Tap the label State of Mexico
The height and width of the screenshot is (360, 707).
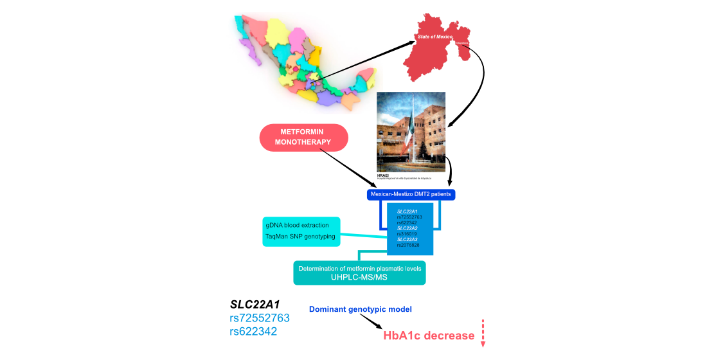[x=436, y=37]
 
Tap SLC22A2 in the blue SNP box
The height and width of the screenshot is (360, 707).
[x=407, y=228]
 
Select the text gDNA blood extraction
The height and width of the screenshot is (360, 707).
[x=297, y=225]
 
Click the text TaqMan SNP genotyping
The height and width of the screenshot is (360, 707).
[x=300, y=237]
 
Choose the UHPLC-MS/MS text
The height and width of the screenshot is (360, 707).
[x=359, y=277]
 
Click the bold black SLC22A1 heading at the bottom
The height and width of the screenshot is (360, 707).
[x=255, y=304]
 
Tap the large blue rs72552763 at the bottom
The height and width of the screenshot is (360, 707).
[x=260, y=318]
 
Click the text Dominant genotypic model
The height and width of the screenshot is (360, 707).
[x=361, y=309]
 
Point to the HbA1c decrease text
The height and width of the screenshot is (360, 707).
[x=429, y=336]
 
